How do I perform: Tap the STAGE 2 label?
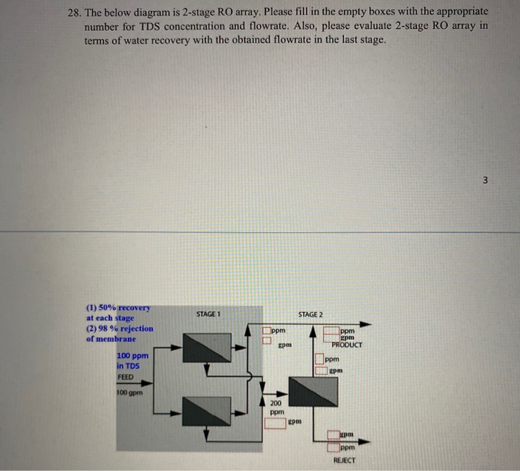pos(310,314)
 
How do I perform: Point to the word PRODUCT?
pos(347,345)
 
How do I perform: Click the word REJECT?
pos(344,461)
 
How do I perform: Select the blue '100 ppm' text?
pos(132,356)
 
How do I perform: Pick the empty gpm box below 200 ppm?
pos(276,423)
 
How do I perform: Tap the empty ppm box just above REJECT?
pos(333,447)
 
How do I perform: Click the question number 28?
pos(68,12)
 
